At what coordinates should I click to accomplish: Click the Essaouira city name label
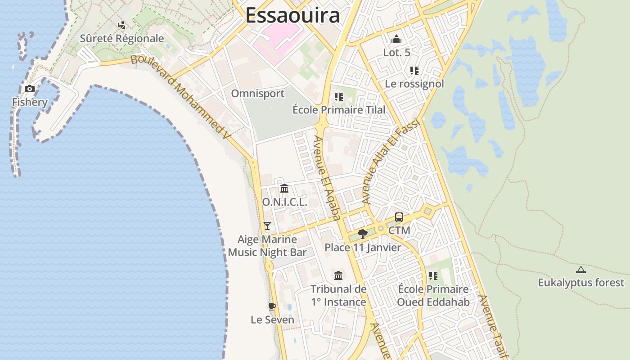click(292, 15)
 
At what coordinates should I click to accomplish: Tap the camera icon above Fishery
click(30, 89)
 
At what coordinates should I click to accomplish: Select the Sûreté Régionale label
click(122, 39)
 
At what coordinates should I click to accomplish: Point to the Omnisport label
click(258, 94)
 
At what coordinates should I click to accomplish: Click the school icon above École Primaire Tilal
click(339, 97)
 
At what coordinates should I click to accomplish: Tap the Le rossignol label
click(414, 84)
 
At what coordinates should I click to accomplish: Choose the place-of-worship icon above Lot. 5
click(396, 40)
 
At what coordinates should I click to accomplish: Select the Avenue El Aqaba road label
click(328, 178)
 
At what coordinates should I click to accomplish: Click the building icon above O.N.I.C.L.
click(284, 189)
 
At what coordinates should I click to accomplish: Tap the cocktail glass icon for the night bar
click(267, 226)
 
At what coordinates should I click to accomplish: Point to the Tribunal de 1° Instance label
click(339, 295)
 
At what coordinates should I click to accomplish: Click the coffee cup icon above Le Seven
click(272, 307)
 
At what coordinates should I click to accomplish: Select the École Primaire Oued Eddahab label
click(433, 295)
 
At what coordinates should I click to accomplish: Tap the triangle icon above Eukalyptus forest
click(581, 270)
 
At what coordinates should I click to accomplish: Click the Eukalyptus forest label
click(581, 283)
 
